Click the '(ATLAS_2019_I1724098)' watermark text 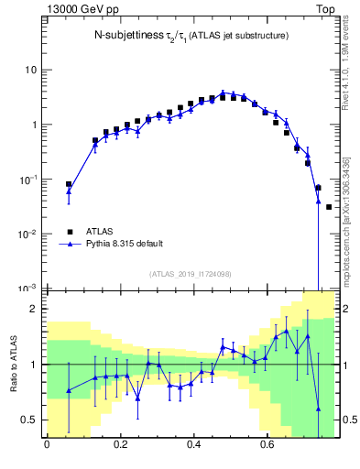pyautogui.click(x=190, y=274)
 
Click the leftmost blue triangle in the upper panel pyautogui.click(x=69, y=191)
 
